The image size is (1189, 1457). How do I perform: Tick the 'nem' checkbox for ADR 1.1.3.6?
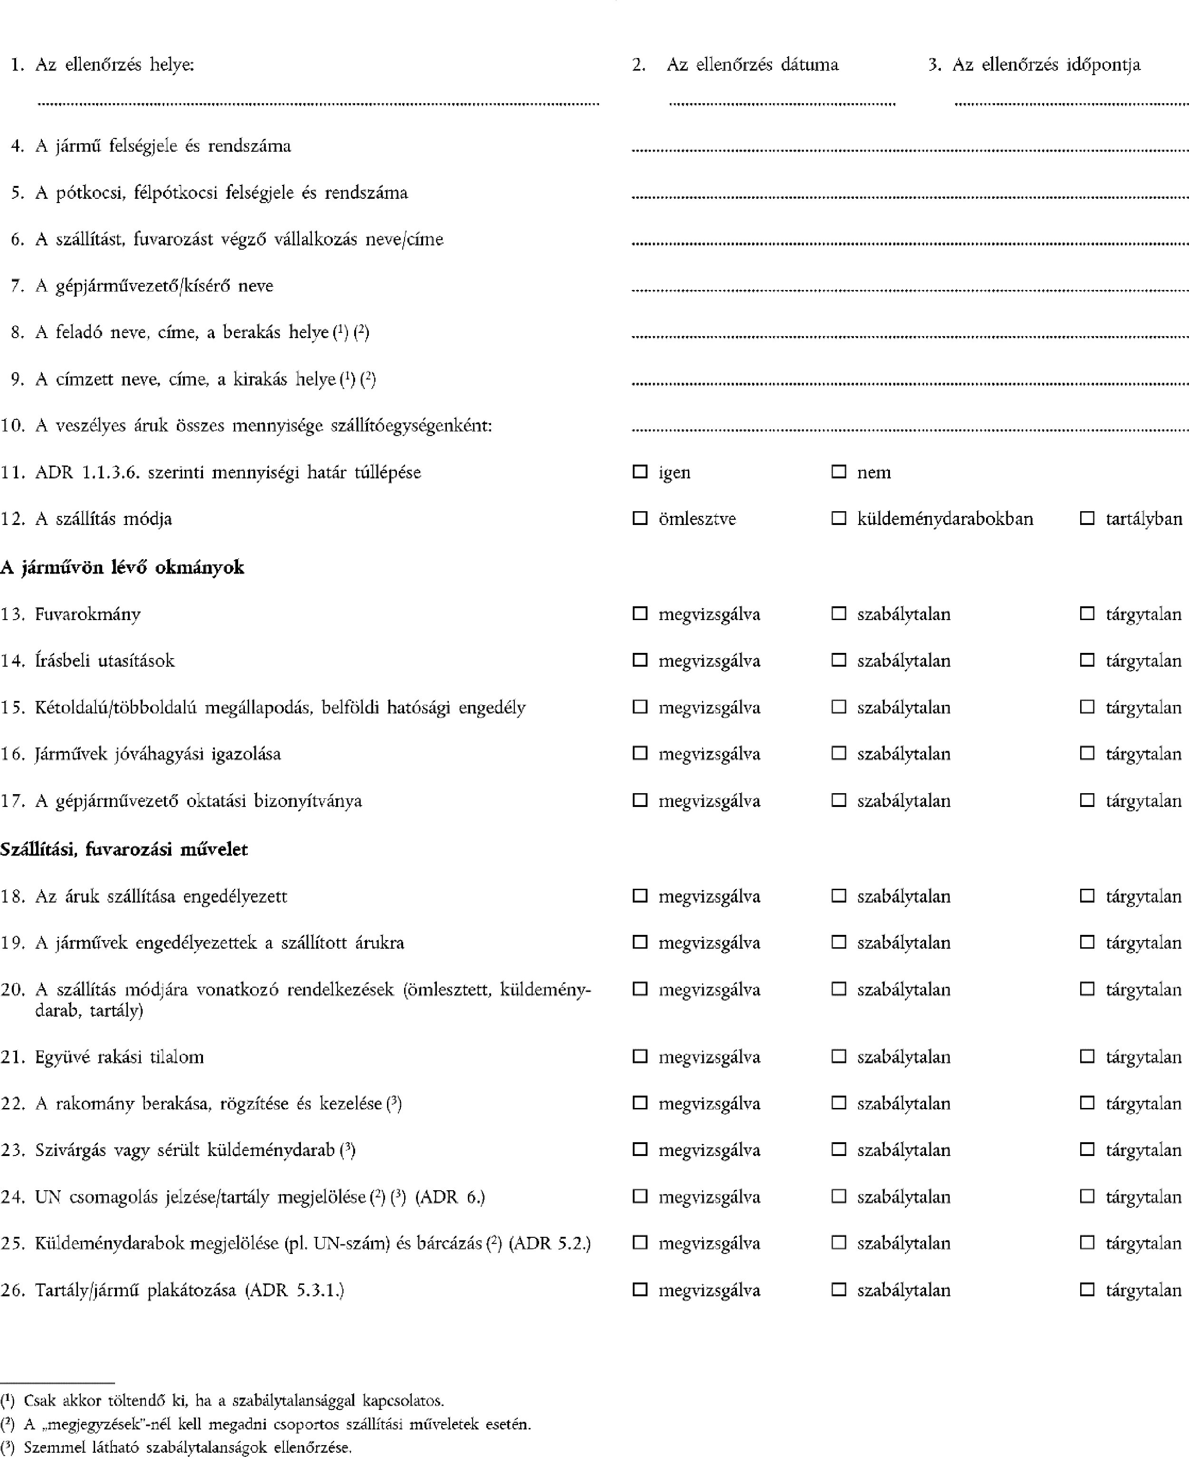click(838, 471)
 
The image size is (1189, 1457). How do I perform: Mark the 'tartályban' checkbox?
click(1086, 518)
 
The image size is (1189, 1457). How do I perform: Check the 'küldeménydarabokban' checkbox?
click(838, 518)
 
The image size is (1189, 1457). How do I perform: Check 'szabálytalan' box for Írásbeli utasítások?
click(838, 660)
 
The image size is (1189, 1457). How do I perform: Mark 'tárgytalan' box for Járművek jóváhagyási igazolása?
click(1086, 753)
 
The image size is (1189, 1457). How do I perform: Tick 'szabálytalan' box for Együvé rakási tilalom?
click(838, 1056)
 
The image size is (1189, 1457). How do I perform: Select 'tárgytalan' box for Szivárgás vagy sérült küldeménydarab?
click(1086, 1149)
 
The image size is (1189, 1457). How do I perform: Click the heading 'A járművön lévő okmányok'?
click(122, 567)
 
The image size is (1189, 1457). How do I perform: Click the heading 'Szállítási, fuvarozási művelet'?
click(124, 849)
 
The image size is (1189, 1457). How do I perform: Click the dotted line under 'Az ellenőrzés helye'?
click(319, 104)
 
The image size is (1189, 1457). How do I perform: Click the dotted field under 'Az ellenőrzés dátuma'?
click(782, 104)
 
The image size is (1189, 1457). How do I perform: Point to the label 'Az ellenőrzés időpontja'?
click(1046, 64)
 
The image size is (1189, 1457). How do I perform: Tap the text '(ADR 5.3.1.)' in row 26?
click(294, 1290)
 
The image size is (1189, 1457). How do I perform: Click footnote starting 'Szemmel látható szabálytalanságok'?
click(187, 1447)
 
